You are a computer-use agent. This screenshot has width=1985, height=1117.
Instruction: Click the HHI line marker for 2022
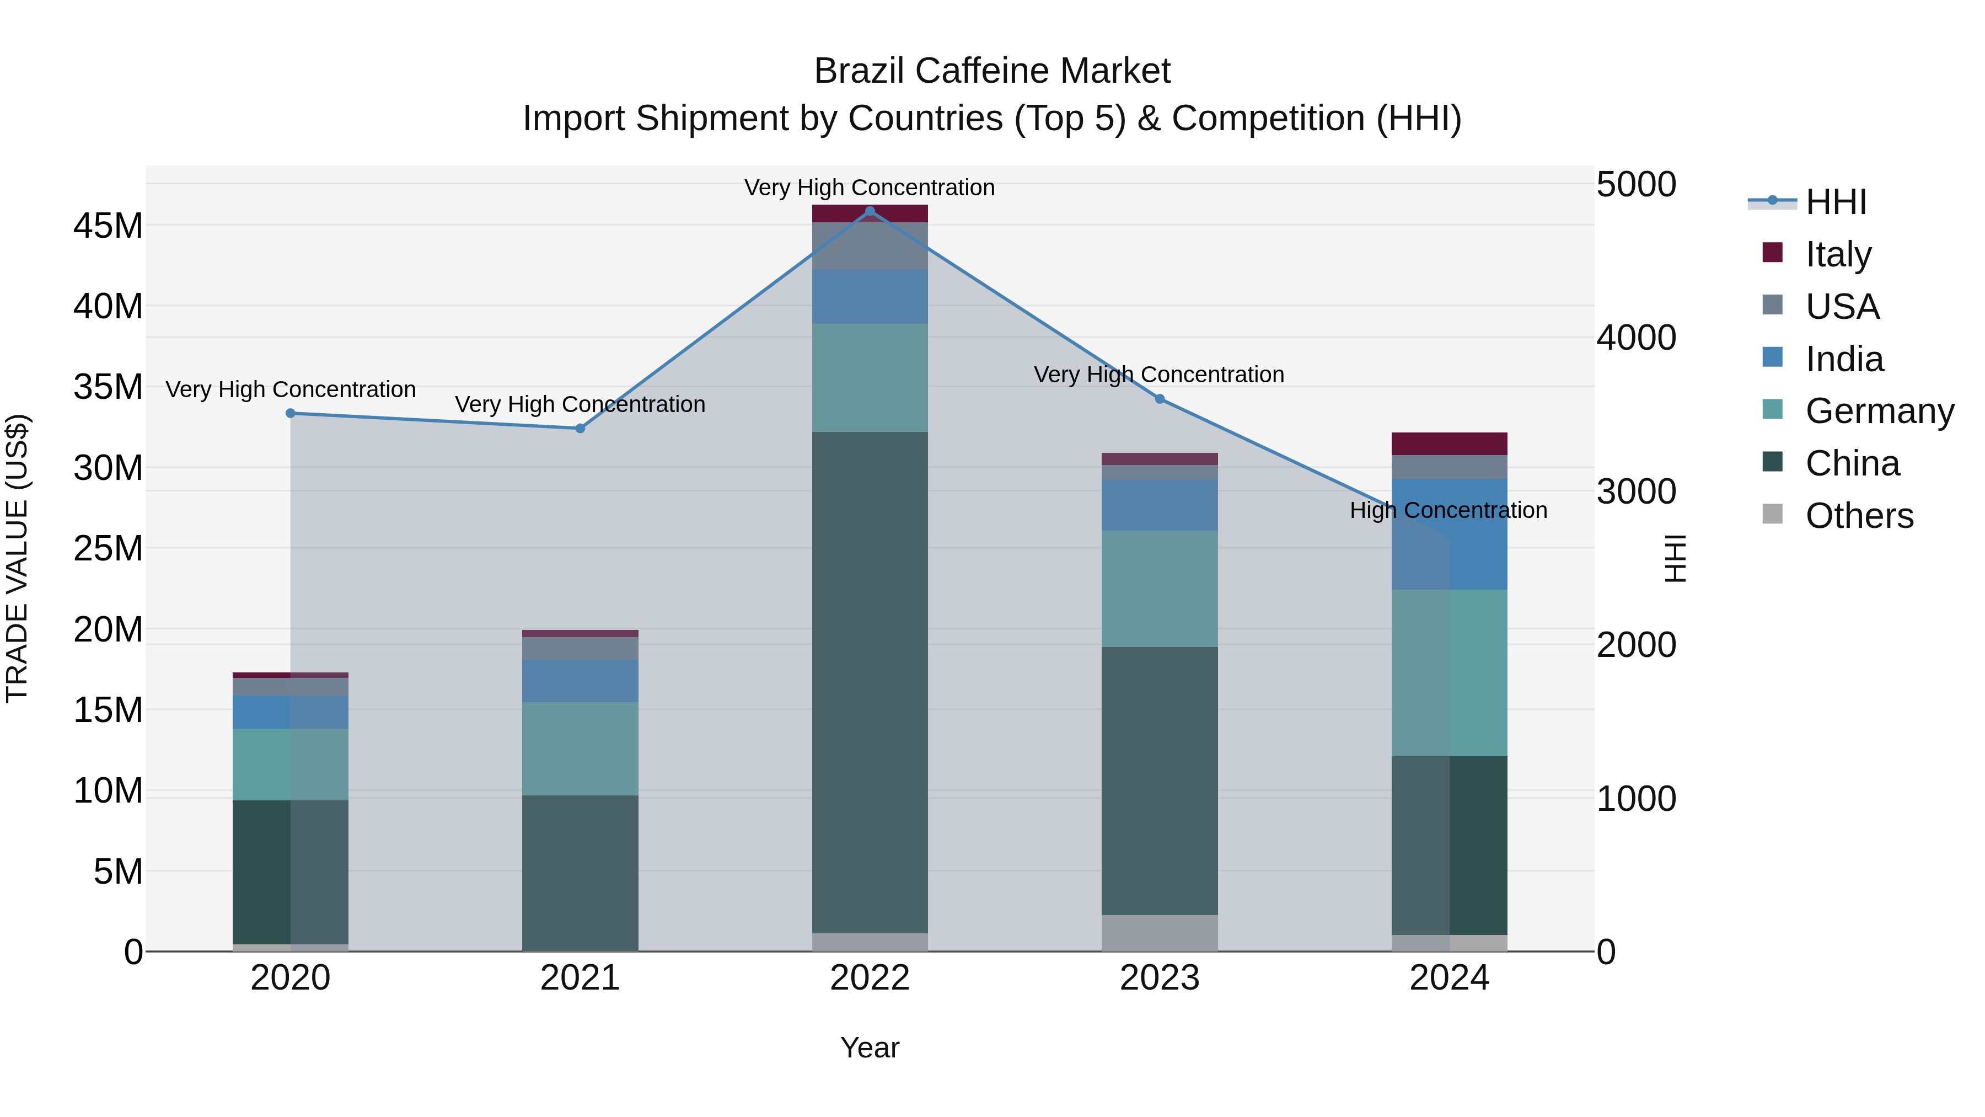pyautogui.click(x=870, y=211)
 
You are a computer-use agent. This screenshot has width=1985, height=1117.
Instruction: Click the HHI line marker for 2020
pyautogui.click(x=291, y=413)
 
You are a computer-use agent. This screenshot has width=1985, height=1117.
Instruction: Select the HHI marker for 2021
pyautogui.click(x=580, y=429)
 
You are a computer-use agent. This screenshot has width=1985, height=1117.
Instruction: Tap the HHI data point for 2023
pyautogui.click(x=1160, y=399)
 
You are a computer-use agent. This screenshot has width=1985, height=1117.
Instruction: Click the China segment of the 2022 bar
pyautogui.click(x=870, y=682)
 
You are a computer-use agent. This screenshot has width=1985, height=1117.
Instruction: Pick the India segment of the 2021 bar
pyautogui.click(x=580, y=681)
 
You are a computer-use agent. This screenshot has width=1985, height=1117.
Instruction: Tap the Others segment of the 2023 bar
pyautogui.click(x=1160, y=933)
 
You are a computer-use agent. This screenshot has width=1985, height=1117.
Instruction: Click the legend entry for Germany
pyautogui.click(x=1880, y=411)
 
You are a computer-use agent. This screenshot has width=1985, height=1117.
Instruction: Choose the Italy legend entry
pyautogui.click(x=1838, y=254)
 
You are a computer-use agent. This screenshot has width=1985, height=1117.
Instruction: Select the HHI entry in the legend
pyautogui.click(x=1836, y=202)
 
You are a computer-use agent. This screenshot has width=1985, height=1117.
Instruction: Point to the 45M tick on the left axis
pyautogui.click(x=108, y=226)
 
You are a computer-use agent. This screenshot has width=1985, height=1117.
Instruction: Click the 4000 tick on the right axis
pyautogui.click(x=1635, y=338)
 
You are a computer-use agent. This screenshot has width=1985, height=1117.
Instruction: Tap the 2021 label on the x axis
pyautogui.click(x=580, y=978)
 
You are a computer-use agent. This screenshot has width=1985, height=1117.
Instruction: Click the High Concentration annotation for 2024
pyautogui.click(x=1448, y=510)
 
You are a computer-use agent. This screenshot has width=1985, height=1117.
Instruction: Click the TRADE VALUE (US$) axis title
pyautogui.click(x=17, y=558)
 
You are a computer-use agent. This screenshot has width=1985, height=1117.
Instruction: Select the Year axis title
pyautogui.click(x=870, y=1047)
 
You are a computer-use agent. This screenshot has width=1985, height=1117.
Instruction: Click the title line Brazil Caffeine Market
pyautogui.click(x=992, y=71)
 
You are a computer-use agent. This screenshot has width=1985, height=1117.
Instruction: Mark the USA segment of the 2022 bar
pyautogui.click(x=870, y=246)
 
